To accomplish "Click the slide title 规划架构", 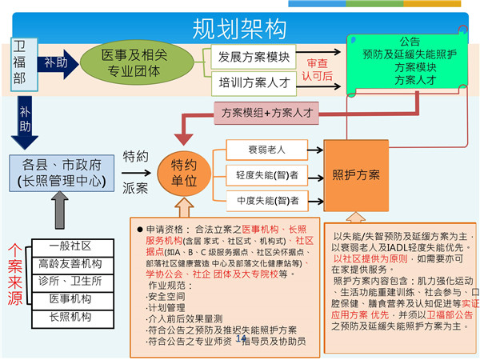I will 239,28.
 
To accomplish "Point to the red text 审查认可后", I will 317,70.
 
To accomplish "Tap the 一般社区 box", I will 70,246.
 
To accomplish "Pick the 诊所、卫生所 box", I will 70,281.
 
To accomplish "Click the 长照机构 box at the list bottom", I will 70,316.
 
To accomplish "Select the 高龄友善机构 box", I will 70,264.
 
